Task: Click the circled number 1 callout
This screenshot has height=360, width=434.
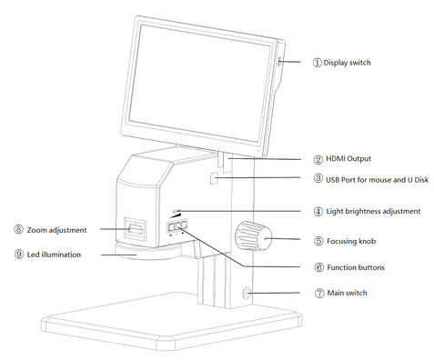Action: [318, 63]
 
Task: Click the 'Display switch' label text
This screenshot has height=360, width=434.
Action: [349, 63]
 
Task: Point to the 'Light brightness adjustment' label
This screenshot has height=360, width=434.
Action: [373, 211]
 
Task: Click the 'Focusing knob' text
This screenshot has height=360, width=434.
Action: [353, 241]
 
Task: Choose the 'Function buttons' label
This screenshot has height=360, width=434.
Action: [356, 267]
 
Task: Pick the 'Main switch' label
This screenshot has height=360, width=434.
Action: [348, 293]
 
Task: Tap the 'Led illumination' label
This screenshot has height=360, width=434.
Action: [55, 255]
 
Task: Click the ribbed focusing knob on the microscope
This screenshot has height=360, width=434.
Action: [251, 238]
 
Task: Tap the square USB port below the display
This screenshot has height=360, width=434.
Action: [215, 179]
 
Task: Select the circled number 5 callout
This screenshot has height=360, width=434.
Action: [318, 241]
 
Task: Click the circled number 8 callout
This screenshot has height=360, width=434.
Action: [19, 230]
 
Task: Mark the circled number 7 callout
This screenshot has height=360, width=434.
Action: [318, 293]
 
